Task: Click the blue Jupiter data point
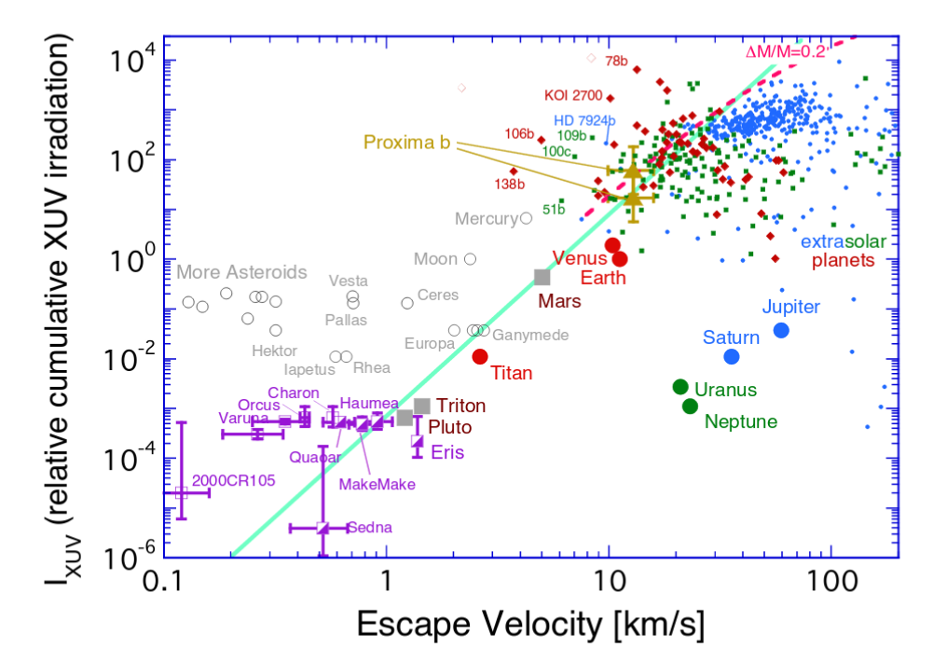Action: [781, 330]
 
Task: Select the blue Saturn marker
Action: [732, 356]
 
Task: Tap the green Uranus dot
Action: [680, 387]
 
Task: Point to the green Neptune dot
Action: [690, 406]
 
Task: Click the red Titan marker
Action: [480, 356]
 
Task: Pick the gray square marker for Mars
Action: [542, 277]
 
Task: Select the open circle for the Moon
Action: [470, 259]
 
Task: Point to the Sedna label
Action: [370, 528]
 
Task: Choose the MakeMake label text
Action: [377, 484]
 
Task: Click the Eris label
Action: [446, 452]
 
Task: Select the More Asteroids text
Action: [241, 273]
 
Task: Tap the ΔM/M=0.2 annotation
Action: [788, 52]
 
